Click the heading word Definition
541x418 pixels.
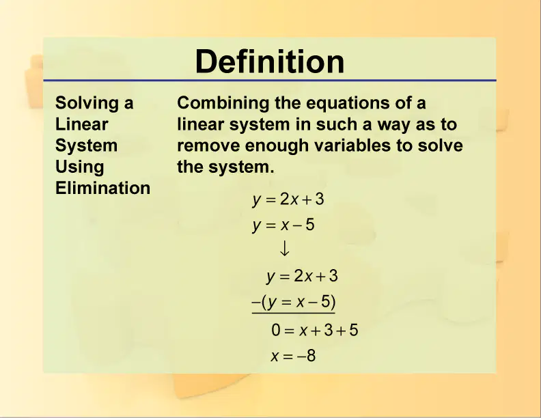click(270, 61)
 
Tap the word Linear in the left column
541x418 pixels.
click(82, 124)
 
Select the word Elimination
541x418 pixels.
click(103, 188)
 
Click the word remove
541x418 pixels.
click(208, 146)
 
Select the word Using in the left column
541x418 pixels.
click(80, 167)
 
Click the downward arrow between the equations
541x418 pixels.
click(284, 249)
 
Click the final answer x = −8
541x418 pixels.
click(293, 356)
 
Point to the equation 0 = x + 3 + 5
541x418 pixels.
click(315, 330)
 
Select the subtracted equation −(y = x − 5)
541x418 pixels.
click(294, 302)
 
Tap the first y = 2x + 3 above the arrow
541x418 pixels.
click(288, 199)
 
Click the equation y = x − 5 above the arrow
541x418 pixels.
click(283, 225)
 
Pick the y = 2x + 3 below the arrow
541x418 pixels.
click(302, 276)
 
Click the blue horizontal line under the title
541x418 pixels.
click(270, 81)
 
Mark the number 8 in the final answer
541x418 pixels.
click(311, 356)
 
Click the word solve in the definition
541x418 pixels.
click(441, 145)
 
